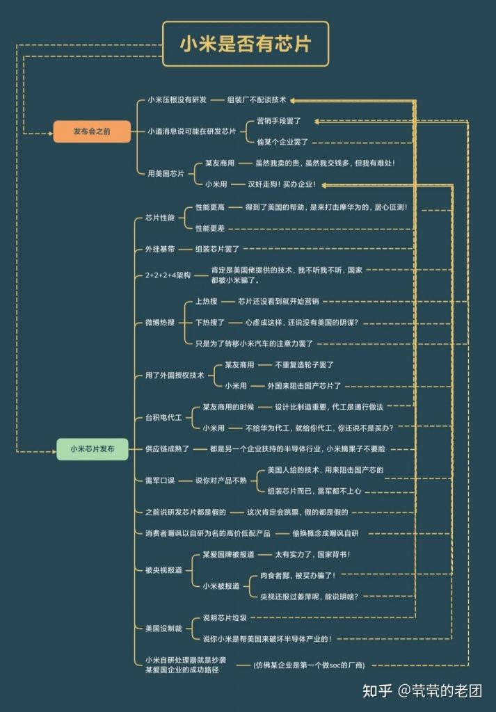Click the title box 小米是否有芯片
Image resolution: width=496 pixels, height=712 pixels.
click(246, 44)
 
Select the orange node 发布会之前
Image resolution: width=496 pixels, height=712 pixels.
click(92, 131)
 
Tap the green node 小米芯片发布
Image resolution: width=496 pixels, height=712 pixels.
click(93, 449)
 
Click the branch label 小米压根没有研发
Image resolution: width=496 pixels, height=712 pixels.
click(177, 100)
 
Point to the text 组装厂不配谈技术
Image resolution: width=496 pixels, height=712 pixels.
click(257, 100)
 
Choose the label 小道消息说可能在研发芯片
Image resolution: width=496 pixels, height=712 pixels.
click(191, 131)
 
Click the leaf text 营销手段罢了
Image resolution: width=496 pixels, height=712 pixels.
click(278, 121)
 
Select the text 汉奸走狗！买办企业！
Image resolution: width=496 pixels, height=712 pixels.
click(282, 184)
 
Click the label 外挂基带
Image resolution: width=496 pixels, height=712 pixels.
click(160, 248)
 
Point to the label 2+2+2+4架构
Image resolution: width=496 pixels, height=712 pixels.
click(168, 275)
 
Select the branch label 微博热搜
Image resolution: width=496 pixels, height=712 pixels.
click(160, 322)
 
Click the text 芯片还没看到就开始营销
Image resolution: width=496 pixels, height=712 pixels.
click(278, 301)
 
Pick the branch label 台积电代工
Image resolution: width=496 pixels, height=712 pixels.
click(163, 417)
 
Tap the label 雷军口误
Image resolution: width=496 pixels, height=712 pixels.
click(160, 480)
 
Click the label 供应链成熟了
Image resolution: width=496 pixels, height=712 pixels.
click(167, 448)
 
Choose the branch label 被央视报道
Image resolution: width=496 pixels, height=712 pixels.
click(163, 570)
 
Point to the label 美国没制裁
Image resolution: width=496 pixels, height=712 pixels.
click(163, 628)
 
